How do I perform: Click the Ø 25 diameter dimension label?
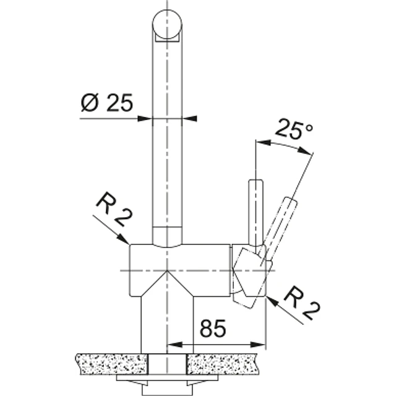click(107, 103)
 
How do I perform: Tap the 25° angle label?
click(295, 129)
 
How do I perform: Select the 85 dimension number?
click(213, 329)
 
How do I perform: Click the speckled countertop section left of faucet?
click(111, 364)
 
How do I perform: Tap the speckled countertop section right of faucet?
click(222, 364)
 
